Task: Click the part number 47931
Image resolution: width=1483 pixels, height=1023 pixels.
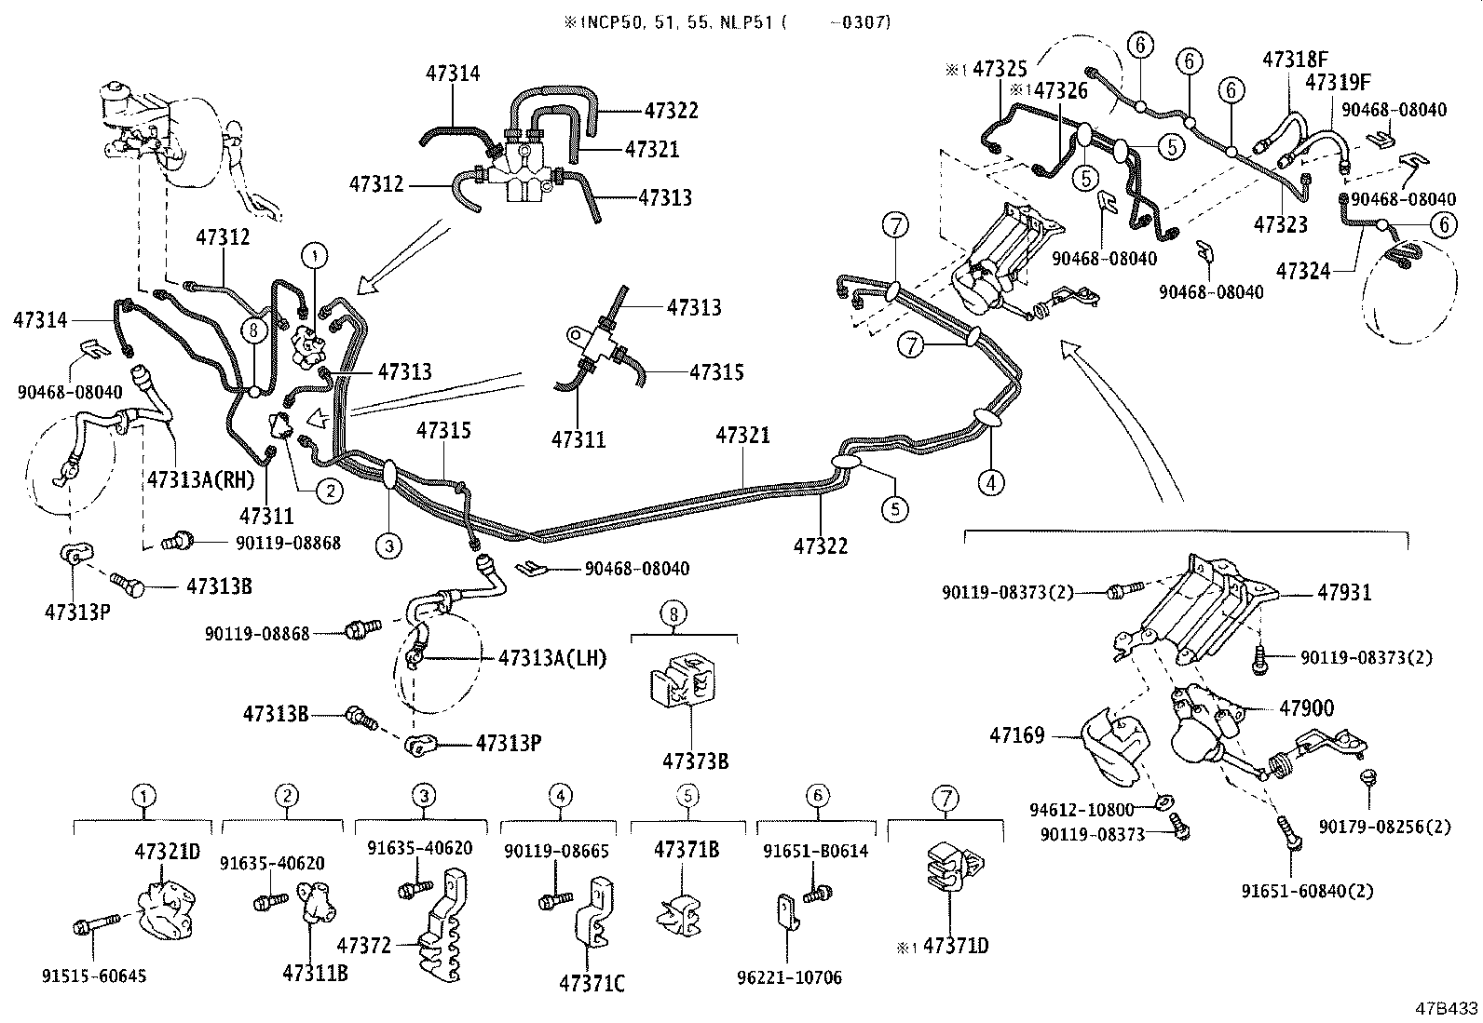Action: click(1344, 592)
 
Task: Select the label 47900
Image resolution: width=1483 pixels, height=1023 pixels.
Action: click(1306, 708)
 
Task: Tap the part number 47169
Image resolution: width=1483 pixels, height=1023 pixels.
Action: click(1017, 736)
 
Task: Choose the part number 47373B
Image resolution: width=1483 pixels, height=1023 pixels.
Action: click(695, 761)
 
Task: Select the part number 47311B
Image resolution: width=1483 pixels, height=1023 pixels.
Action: click(315, 973)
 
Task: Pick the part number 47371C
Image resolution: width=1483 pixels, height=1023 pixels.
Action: click(592, 982)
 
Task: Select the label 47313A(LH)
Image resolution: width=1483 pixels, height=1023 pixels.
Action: click(552, 658)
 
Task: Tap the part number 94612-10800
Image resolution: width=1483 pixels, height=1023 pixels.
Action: click(1082, 809)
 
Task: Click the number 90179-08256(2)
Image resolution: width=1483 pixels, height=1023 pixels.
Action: click(1385, 826)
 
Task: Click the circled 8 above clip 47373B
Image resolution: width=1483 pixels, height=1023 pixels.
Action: click(674, 613)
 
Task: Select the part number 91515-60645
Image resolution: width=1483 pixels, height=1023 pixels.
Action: click(94, 976)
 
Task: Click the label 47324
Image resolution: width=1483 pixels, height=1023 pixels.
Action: click(1301, 271)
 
